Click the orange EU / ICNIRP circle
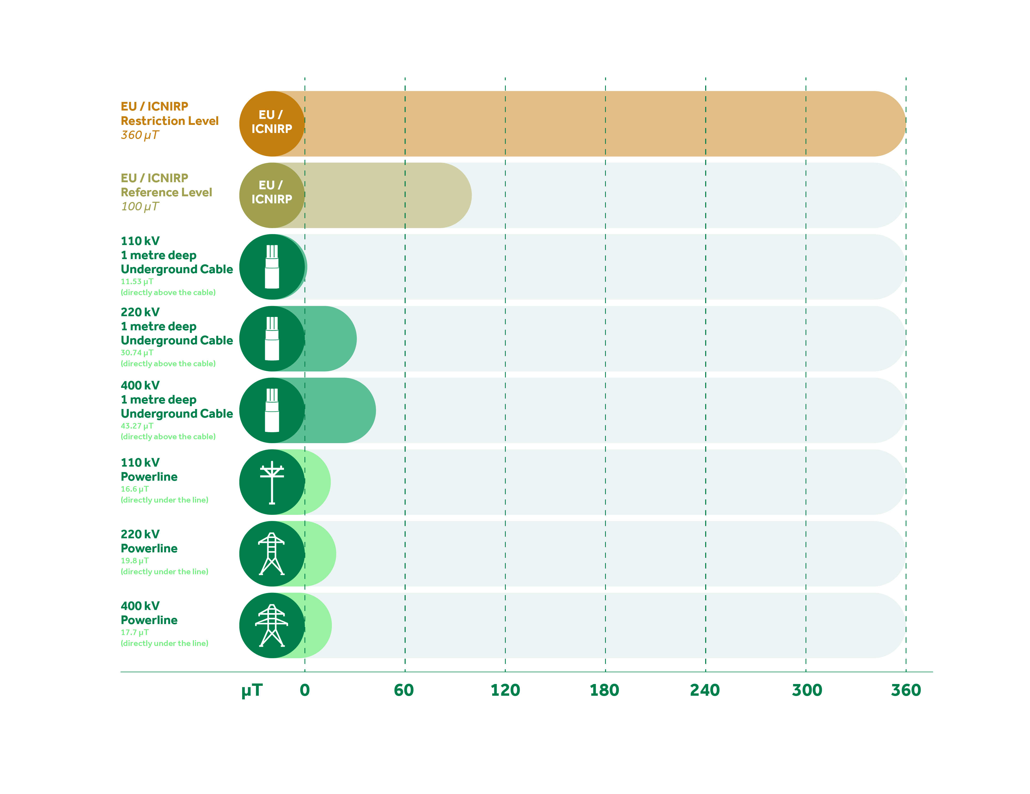pyautogui.click(x=272, y=124)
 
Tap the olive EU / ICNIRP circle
pyautogui.click(x=272, y=195)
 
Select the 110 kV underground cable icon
pyautogui.click(x=272, y=267)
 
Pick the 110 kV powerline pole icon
pyautogui.click(x=272, y=482)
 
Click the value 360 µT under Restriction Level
pyautogui.click(x=139, y=135)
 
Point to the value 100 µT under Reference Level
pyautogui.click(x=139, y=207)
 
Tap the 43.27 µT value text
pyautogui.click(x=137, y=426)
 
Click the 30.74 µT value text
pyautogui.click(x=137, y=353)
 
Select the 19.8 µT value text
pyautogui.click(x=135, y=561)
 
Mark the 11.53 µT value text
pyautogui.click(x=137, y=282)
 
